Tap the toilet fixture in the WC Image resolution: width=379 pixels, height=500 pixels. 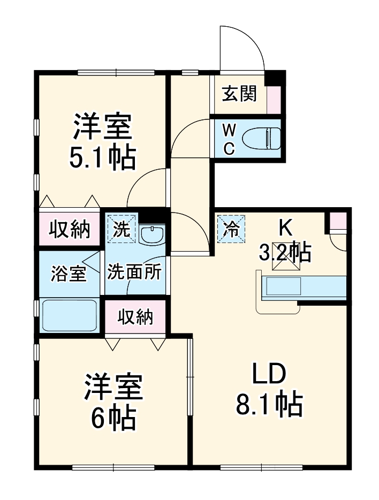tap(261, 138)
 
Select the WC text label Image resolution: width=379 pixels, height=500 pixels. tap(229, 139)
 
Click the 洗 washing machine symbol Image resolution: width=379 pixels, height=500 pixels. tap(122, 229)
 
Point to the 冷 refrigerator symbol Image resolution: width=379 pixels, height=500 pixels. tap(231, 229)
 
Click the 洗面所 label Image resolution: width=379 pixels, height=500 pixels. tap(134, 272)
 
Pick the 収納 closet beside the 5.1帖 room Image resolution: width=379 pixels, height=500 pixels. tap(70, 230)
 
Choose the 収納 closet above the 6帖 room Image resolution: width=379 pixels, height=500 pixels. tap(135, 317)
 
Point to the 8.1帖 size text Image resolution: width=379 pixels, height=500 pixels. tap(270, 405)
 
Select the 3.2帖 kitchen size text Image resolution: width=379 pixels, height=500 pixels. tap(285, 251)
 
